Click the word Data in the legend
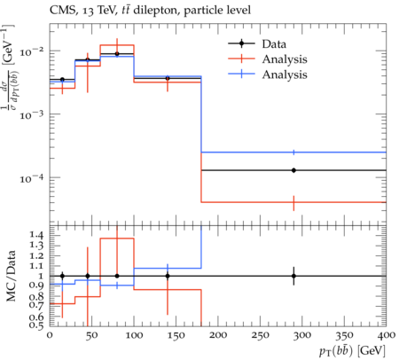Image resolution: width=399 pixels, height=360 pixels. pos(274,44)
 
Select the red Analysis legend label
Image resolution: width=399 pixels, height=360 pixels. pos(285,59)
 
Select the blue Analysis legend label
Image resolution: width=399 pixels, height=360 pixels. pos(285,74)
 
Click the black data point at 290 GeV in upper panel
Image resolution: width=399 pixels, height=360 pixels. pos(293,170)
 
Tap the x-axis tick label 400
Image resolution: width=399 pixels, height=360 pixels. pos(386,335)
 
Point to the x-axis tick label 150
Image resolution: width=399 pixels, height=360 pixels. pos(176,335)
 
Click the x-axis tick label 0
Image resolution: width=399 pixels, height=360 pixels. pos(50,335)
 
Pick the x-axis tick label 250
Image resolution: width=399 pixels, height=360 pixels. pos(260,335)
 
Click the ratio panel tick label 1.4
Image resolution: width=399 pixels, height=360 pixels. pos(37,235)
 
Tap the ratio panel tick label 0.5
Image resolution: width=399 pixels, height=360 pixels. pos(37,325)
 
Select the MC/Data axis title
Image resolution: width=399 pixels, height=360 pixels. pos(11,276)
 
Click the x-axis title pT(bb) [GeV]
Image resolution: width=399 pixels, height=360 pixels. pos(352,351)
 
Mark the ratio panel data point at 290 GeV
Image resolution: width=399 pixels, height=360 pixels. pos(293,276)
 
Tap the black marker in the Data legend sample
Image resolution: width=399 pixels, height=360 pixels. pos(241,43)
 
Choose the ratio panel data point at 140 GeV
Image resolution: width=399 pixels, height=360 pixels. pos(168,276)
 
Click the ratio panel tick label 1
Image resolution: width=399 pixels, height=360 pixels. pos(42,276)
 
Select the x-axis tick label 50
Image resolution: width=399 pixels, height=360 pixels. pos(91,335)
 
